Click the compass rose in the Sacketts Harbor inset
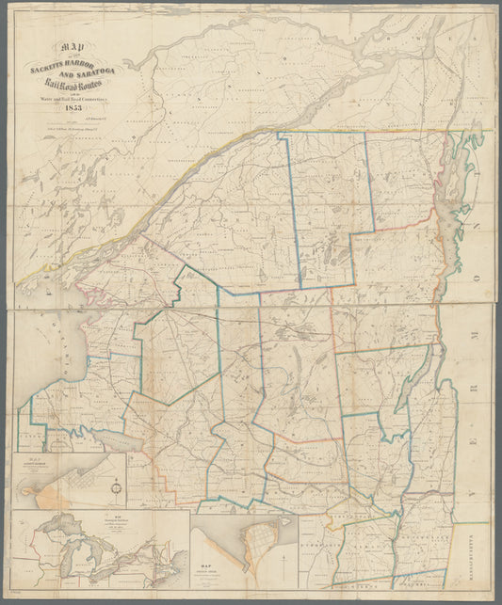pos(115,487)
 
